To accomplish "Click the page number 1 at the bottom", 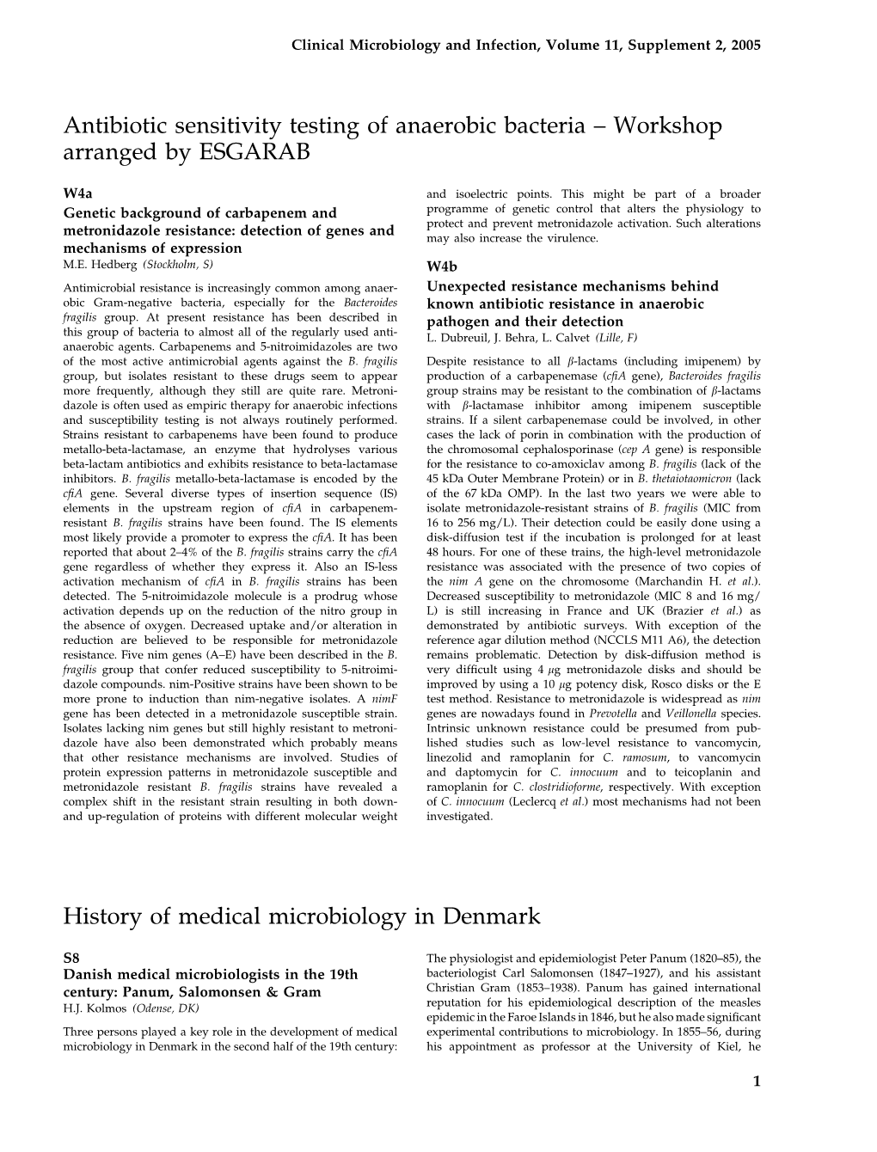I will pyautogui.click(x=757, y=1082).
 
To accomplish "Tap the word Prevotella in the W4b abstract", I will pyautogui.click(x=613, y=714).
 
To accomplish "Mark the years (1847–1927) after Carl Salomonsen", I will pyautogui.click(x=628, y=973).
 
